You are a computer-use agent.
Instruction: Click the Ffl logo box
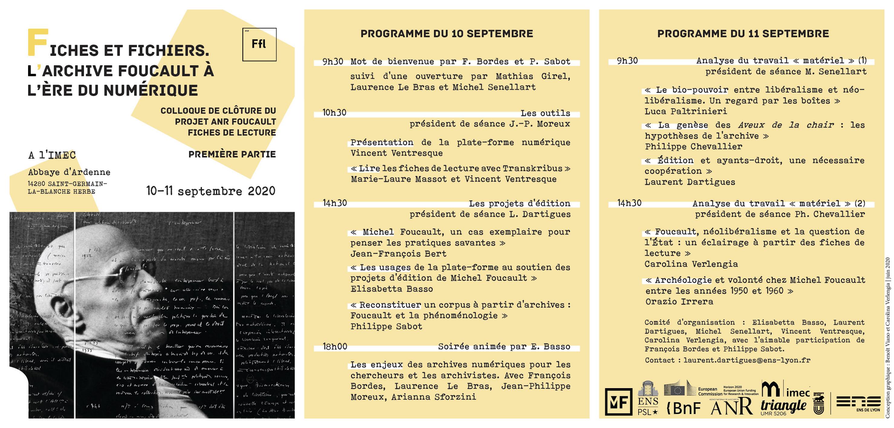click(x=259, y=44)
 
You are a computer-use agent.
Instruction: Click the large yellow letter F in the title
click(x=37, y=43)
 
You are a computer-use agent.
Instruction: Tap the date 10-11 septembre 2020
click(x=211, y=191)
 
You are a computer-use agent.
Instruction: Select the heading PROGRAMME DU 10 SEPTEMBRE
click(x=447, y=34)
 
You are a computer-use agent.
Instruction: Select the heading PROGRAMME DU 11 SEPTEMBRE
click(x=743, y=34)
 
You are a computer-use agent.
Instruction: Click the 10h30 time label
click(x=334, y=113)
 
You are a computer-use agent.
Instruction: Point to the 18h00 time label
click(x=335, y=346)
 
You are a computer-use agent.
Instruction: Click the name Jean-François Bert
click(x=398, y=253)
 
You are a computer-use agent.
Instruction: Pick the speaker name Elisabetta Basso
click(x=391, y=289)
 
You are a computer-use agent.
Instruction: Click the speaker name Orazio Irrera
click(x=679, y=301)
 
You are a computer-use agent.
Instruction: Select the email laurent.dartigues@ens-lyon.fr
click(x=747, y=360)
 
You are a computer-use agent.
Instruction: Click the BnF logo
click(x=683, y=408)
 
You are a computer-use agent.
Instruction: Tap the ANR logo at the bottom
click(x=731, y=407)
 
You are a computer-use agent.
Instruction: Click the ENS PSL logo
click(x=648, y=398)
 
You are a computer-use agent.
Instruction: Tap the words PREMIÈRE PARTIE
click(x=232, y=154)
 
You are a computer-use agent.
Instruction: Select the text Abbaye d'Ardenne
click(x=69, y=172)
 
